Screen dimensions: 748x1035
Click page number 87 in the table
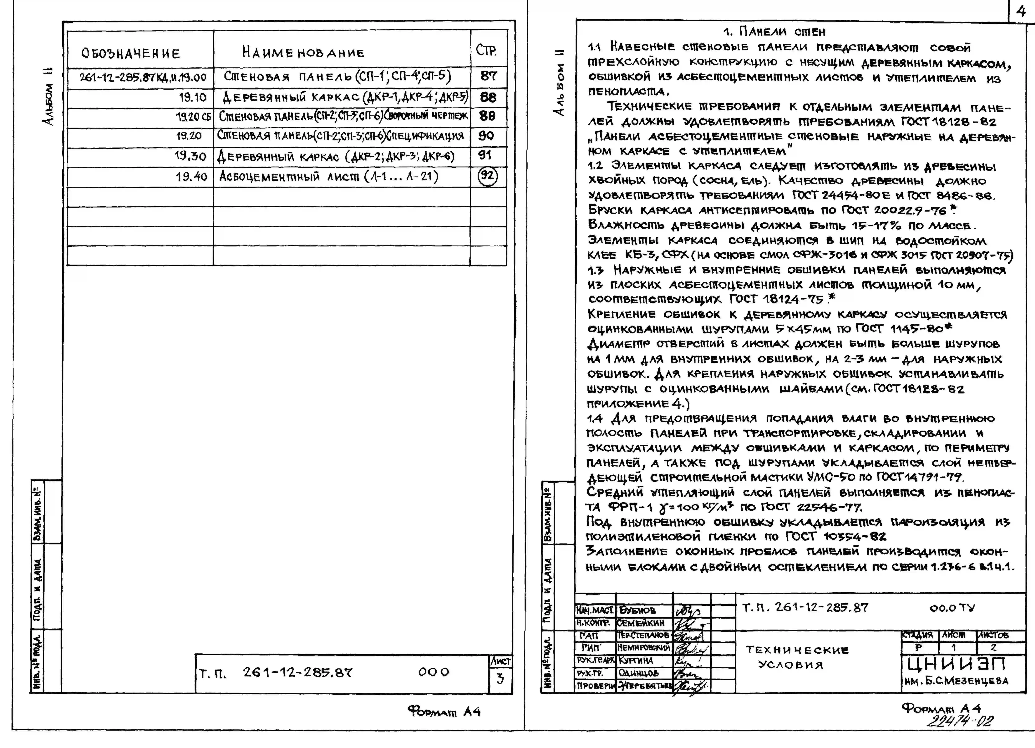tap(488, 76)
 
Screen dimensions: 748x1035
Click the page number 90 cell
tap(486, 136)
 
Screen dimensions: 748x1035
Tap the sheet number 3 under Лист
tap(500, 679)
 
